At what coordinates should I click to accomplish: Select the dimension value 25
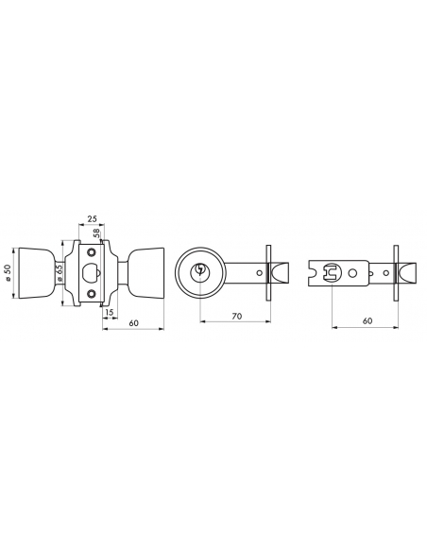[92, 219]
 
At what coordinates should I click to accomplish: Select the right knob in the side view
[147, 273]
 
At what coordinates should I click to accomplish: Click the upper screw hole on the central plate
[92, 251]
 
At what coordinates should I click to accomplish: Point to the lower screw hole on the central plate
[92, 294]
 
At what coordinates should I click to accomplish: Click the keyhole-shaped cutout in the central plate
[92, 273]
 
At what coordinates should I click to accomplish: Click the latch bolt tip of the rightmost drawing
[408, 272]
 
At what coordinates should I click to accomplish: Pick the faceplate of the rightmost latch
[398, 272]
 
